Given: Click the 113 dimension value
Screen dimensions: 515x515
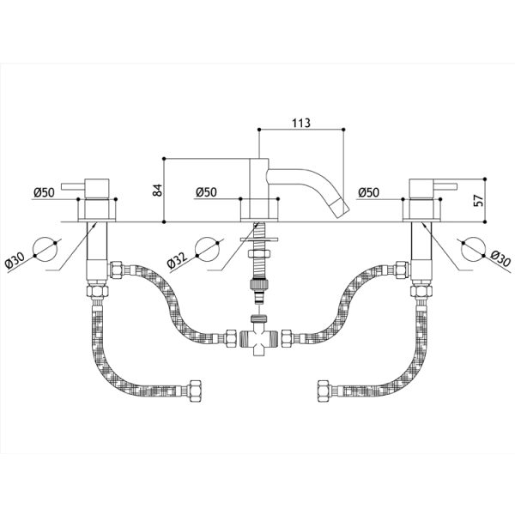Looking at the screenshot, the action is (301, 123).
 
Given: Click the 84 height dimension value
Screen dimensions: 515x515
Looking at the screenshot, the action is (158, 191).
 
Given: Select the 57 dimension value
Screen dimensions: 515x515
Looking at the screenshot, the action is (479, 200).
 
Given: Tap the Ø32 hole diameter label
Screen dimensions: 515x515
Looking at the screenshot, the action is (177, 260).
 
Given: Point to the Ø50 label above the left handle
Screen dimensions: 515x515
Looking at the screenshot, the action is (44, 192).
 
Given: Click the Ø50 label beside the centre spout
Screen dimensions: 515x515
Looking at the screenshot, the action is (206, 192).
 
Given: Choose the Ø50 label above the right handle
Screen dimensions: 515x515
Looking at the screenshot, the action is (368, 192).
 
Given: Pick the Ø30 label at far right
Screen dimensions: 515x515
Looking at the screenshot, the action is (500, 259).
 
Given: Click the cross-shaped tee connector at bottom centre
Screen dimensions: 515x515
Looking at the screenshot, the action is (259, 337).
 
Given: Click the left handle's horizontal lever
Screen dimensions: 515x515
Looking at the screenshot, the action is (73, 186).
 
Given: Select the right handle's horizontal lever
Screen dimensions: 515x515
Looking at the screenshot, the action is (445, 186).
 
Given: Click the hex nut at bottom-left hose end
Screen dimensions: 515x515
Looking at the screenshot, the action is (194, 391).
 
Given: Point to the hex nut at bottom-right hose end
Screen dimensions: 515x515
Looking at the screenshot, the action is (324, 391).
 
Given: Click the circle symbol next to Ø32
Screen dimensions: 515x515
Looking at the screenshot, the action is (207, 249).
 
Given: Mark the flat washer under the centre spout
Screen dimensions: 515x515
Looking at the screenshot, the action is (259, 240).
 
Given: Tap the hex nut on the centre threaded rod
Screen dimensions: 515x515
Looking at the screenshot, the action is (259, 253).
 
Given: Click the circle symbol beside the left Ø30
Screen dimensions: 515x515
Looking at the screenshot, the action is (46, 249).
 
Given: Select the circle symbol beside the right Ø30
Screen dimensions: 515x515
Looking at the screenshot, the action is (473, 249).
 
